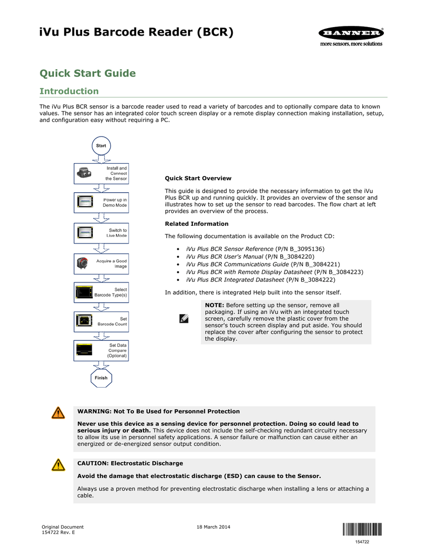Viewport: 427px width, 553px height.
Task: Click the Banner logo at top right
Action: pos(351,33)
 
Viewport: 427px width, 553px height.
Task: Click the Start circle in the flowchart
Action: pos(101,146)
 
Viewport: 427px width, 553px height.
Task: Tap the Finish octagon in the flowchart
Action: pos(101,378)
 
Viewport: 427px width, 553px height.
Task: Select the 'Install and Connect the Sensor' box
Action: pos(101,173)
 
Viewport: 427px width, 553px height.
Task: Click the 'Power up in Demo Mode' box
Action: pos(101,203)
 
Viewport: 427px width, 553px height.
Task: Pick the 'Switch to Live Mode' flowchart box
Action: pos(101,233)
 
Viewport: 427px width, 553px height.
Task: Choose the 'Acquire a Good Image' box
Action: pos(101,264)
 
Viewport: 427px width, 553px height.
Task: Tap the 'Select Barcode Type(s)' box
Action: pos(101,293)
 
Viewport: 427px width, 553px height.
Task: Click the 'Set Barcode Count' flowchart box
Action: pos(101,321)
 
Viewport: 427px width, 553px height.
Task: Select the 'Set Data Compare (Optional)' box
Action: pos(101,350)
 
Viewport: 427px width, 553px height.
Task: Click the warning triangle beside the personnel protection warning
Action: pos(58,413)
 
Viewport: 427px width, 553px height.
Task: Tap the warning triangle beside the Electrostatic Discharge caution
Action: pos(58,465)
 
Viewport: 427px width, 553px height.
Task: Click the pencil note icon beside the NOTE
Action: pos(184,319)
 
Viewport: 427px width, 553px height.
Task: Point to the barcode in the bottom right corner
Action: pos(361,529)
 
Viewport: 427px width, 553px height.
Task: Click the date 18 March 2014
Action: pos(213,527)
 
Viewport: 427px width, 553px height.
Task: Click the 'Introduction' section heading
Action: pos(69,91)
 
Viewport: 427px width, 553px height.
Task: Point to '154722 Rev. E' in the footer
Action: pos(59,532)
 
